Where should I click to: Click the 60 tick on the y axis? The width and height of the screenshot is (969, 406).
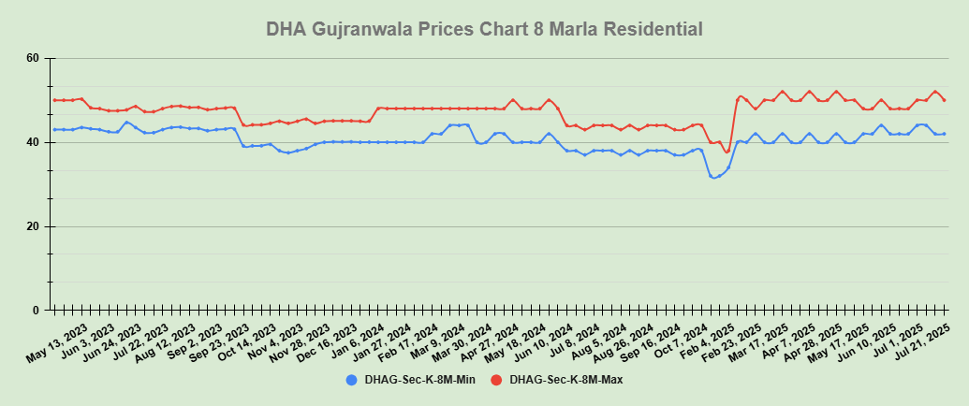(x=33, y=59)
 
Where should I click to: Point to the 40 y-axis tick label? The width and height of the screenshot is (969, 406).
(x=33, y=142)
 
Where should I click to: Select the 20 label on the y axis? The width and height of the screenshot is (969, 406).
(x=33, y=226)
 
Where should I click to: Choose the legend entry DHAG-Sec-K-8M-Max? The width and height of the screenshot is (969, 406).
(x=565, y=380)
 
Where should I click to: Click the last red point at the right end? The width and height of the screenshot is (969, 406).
(x=944, y=100)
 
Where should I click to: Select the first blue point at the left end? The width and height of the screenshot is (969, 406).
(x=55, y=129)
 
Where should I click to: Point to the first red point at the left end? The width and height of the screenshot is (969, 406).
(x=55, y=100)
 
